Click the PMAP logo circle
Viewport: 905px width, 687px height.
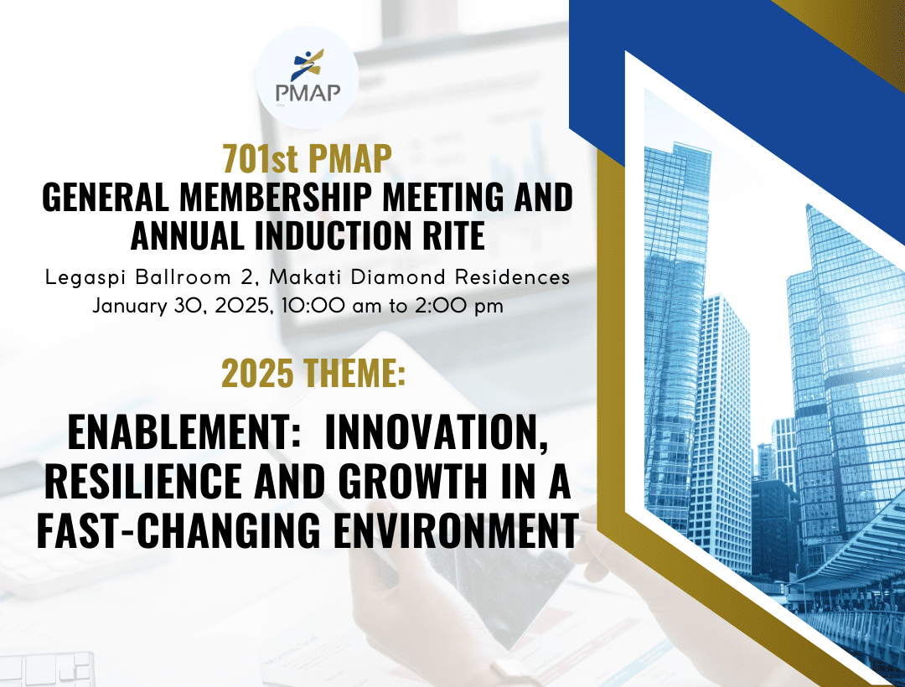[307, 77]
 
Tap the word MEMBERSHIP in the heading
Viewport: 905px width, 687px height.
[276, 197]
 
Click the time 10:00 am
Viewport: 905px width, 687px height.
[331, 305]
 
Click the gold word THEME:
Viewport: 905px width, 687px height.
[354, 373]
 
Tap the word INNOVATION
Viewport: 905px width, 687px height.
[437, 433]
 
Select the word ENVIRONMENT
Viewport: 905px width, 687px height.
[456, 529]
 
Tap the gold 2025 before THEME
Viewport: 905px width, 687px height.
[257, 373]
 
